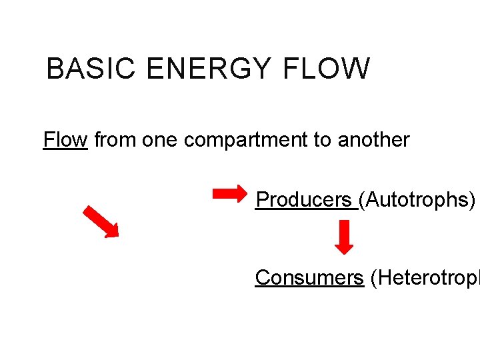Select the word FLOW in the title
click(x=326, y=69)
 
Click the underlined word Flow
click(x=65, y=140)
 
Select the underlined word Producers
click(x=304, y=199)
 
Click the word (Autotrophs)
click(x=417, y=199)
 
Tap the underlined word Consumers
click(x=309, y=277)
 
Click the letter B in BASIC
click(x=54, y=69)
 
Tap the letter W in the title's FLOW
click(x=357, y=69)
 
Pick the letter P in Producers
click(x=262, y=199)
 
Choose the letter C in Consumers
click(x=262, y=277)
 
